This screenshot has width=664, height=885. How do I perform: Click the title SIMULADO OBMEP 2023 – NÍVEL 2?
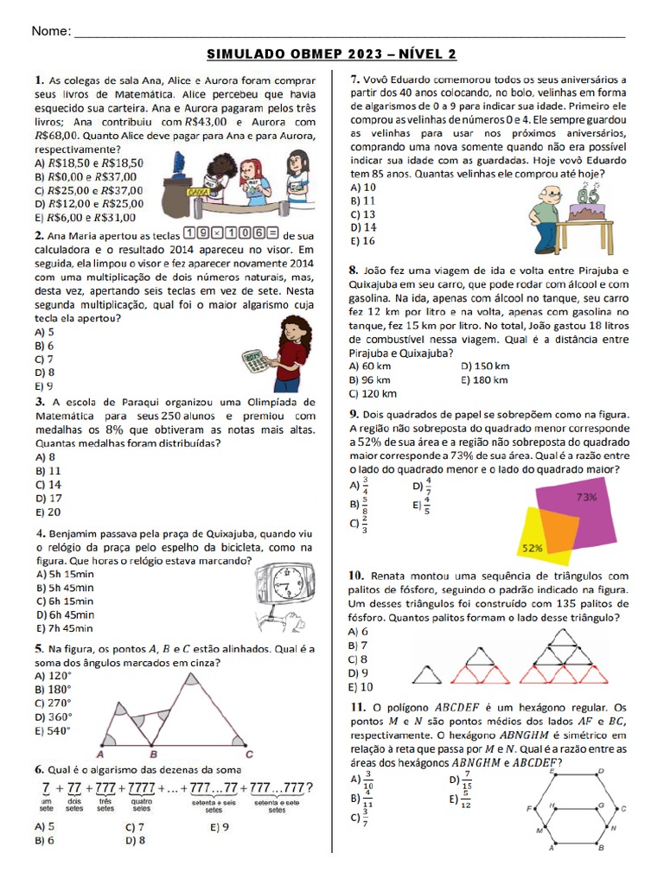pos(332,55)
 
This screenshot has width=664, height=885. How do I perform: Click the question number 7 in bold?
pos(354,80)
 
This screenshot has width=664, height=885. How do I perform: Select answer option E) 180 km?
pos(485,379)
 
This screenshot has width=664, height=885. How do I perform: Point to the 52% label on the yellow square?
pos(532,548)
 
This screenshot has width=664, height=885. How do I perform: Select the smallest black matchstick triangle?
pos(433,673)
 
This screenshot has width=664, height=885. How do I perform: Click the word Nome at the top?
pos(51,31)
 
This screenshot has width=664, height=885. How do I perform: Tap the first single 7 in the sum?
pos(45,789)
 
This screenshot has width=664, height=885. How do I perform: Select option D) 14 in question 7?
pos(363,227)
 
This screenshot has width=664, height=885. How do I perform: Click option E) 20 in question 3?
pos(48,512)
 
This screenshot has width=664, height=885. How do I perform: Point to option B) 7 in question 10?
pos(358,646)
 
